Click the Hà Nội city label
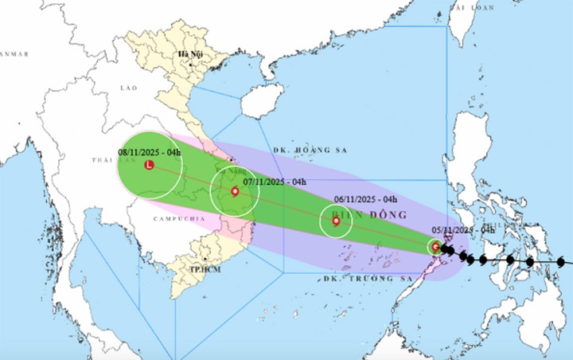(x=191, y=54)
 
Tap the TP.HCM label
(x=205, y=269)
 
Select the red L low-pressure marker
(x=149, y=165)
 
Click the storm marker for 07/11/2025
(x=235, y=192)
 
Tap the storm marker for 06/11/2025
(x=336, y=221)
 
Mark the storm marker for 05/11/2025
(x=435, y=248)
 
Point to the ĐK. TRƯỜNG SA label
(x=359, y=279)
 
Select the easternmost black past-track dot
(x=561, y=261)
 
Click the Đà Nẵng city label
(x=228, y=170)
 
